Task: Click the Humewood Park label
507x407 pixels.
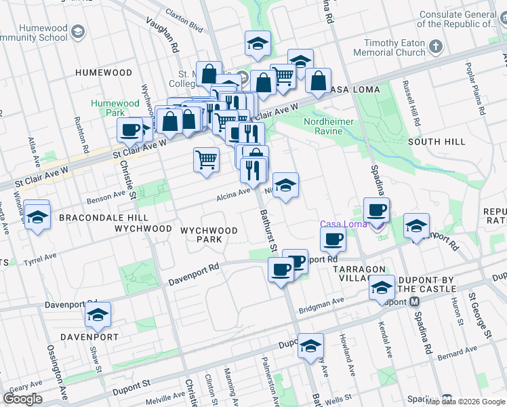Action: (115, 109)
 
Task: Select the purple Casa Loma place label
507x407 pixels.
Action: (343, 225)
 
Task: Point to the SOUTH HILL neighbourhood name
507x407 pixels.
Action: (437, 141)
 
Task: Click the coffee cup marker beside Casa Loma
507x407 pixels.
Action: (377, 210)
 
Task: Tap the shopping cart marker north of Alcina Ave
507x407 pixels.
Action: (207, 160)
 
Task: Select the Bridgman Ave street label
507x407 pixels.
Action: (325, 302)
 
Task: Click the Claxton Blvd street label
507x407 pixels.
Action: (184, 26)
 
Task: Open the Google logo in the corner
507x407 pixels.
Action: (22, 399)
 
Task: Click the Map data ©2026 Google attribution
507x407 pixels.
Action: (465, 402)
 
